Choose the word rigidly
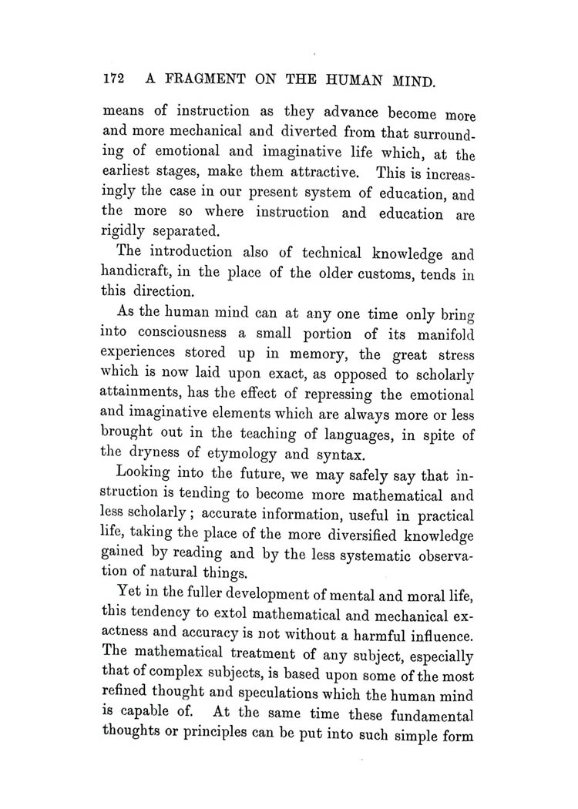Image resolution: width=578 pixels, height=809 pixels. [125, 231]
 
